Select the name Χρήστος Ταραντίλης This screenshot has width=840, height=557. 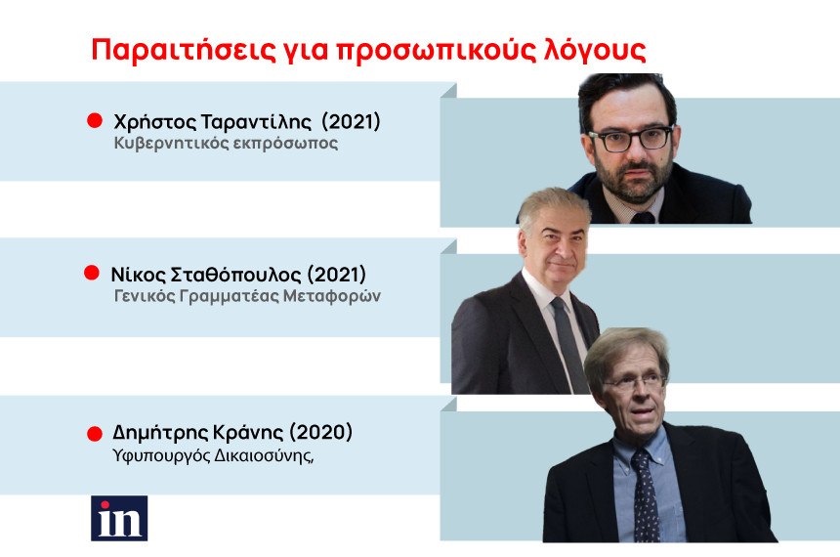pyautogui.click(x=212, y=122)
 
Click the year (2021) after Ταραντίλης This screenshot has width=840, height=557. pyautogui.click(x=351, y=122)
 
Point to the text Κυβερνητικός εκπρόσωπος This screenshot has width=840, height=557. pyautogui.click(x=226, y=144)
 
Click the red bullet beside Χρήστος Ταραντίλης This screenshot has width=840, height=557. pyautogui.click(x=95, y=120)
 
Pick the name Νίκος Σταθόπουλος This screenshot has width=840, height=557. pyautogui.click(x=206, y=275)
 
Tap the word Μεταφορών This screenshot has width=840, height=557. pyautogui.click(x=332, y=296)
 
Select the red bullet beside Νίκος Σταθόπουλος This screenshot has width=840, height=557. pyautogui.click(x=92, y=273)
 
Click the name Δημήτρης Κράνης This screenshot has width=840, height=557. pyautogui.click(x=197, y=432)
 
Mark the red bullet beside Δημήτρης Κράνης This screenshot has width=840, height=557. pyautogui.click(x=95, y=434)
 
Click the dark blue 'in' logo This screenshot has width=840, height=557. pyautogui.click(x=119, y=518)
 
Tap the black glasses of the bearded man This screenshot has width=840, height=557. pyautogui.click(x=631, y=138)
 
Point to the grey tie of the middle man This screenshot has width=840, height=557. pyautogui.click(x=569, y=343)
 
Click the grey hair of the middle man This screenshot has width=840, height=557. pyautogui.click(x=552, y=206)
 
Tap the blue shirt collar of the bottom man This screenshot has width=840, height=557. pyautogui.click(x=638, y=444)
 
